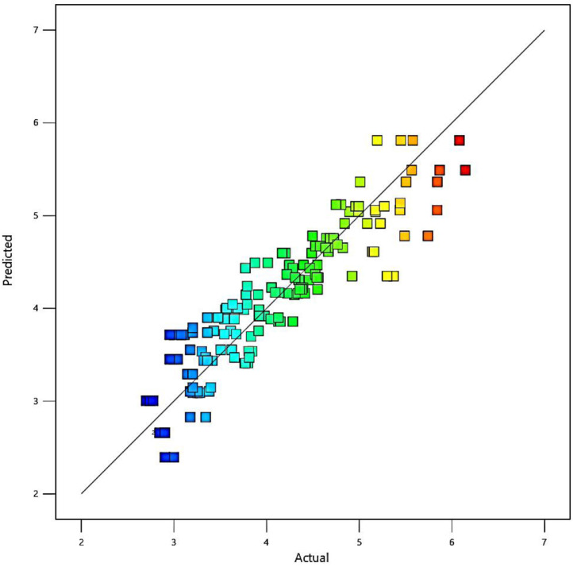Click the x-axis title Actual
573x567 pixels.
pyautogui.click(x=313, y=557)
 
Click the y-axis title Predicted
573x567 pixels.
pyautogui.click(x=9, y=261)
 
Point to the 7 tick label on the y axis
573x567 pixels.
pyautogui.click(x=47, y=30)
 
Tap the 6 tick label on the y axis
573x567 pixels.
pyautogui.click(x=47, y=123)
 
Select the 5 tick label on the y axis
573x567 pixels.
pyautogui.click(x=47, y=216)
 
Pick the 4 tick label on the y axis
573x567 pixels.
pyautogui.click(x=47, y=308)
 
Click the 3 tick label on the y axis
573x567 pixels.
pyautogui.click(x=47, y=401)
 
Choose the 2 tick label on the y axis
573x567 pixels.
pyautogui.click(x=47, y=494)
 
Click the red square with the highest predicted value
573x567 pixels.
pyautogui.click(x=459, y=141)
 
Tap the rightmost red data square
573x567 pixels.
pyautogui.click(x=465, y=170)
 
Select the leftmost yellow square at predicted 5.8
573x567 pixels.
pyautogui.click(x=377, y=141)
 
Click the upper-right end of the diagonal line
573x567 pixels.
pyautogui.click(x=544, y=30)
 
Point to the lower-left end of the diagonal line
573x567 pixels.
pyautogui.click(x=81, y=494)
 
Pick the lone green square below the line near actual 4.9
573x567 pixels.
pyautogui.click(x=352, y=276)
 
